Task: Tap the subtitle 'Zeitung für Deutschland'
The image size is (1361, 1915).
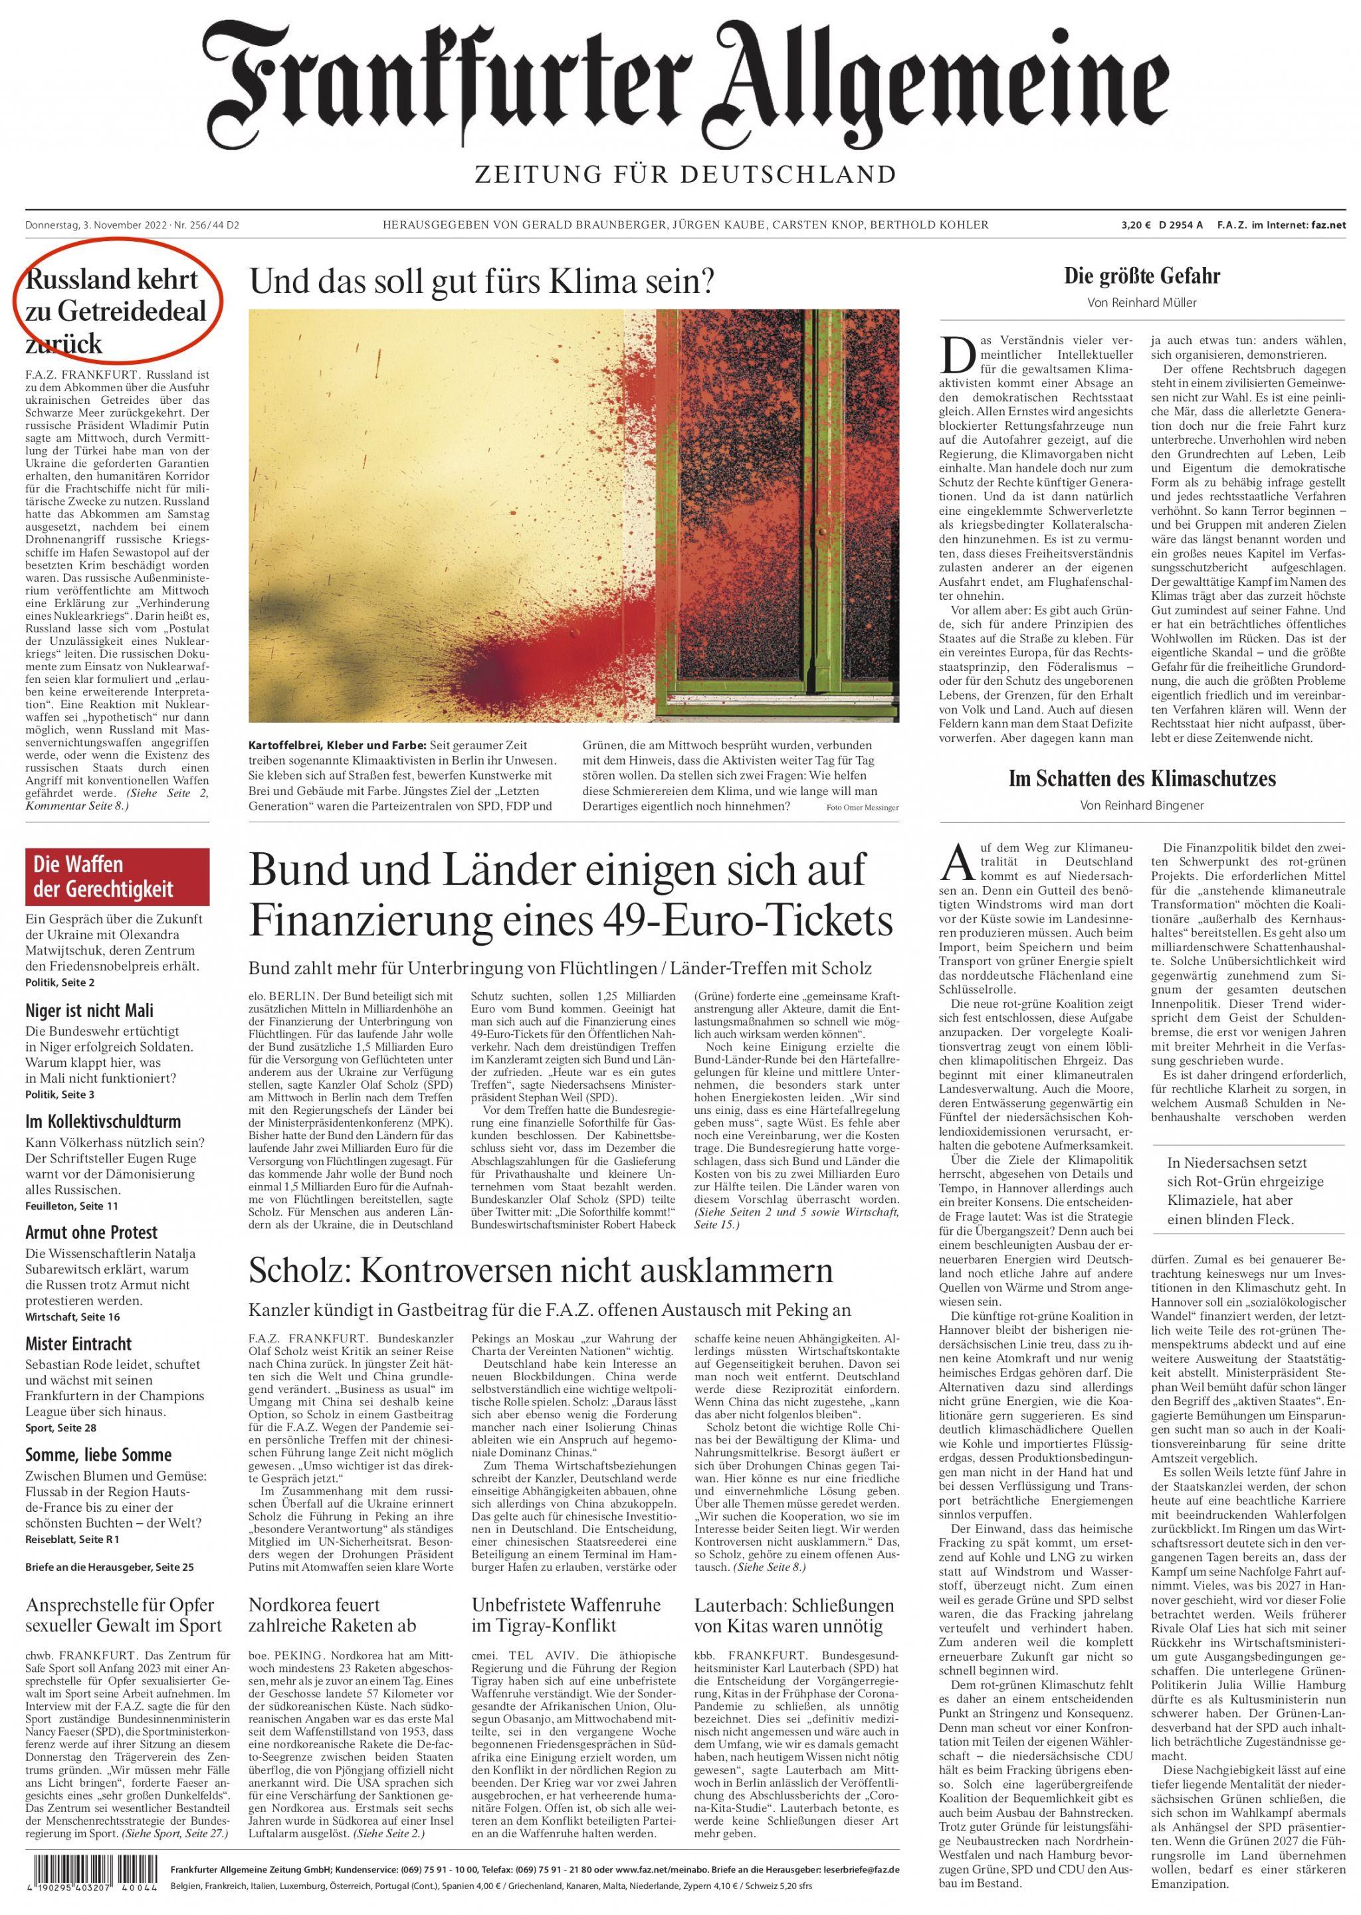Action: click(684, 174)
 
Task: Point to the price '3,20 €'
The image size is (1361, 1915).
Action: click(1136, 225)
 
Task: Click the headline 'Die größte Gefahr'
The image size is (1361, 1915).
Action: click(1142, 276)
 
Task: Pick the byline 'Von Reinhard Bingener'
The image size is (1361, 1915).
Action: click(1142, 805)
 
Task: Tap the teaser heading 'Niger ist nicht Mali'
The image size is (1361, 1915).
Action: click(90, 1010)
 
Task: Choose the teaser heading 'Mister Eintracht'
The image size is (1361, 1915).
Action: click(79, 1343)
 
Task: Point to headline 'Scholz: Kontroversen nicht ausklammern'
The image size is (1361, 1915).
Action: click(540, 1270)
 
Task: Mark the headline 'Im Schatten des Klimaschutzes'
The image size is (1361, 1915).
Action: click(1142, 778)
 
